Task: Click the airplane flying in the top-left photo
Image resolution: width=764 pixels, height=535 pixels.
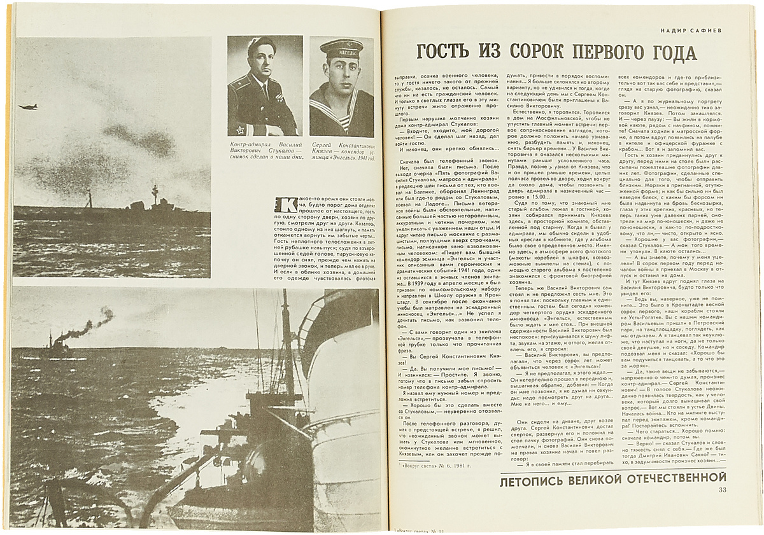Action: coord(29,106)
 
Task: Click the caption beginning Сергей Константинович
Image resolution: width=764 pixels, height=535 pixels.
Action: coord(343,153)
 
